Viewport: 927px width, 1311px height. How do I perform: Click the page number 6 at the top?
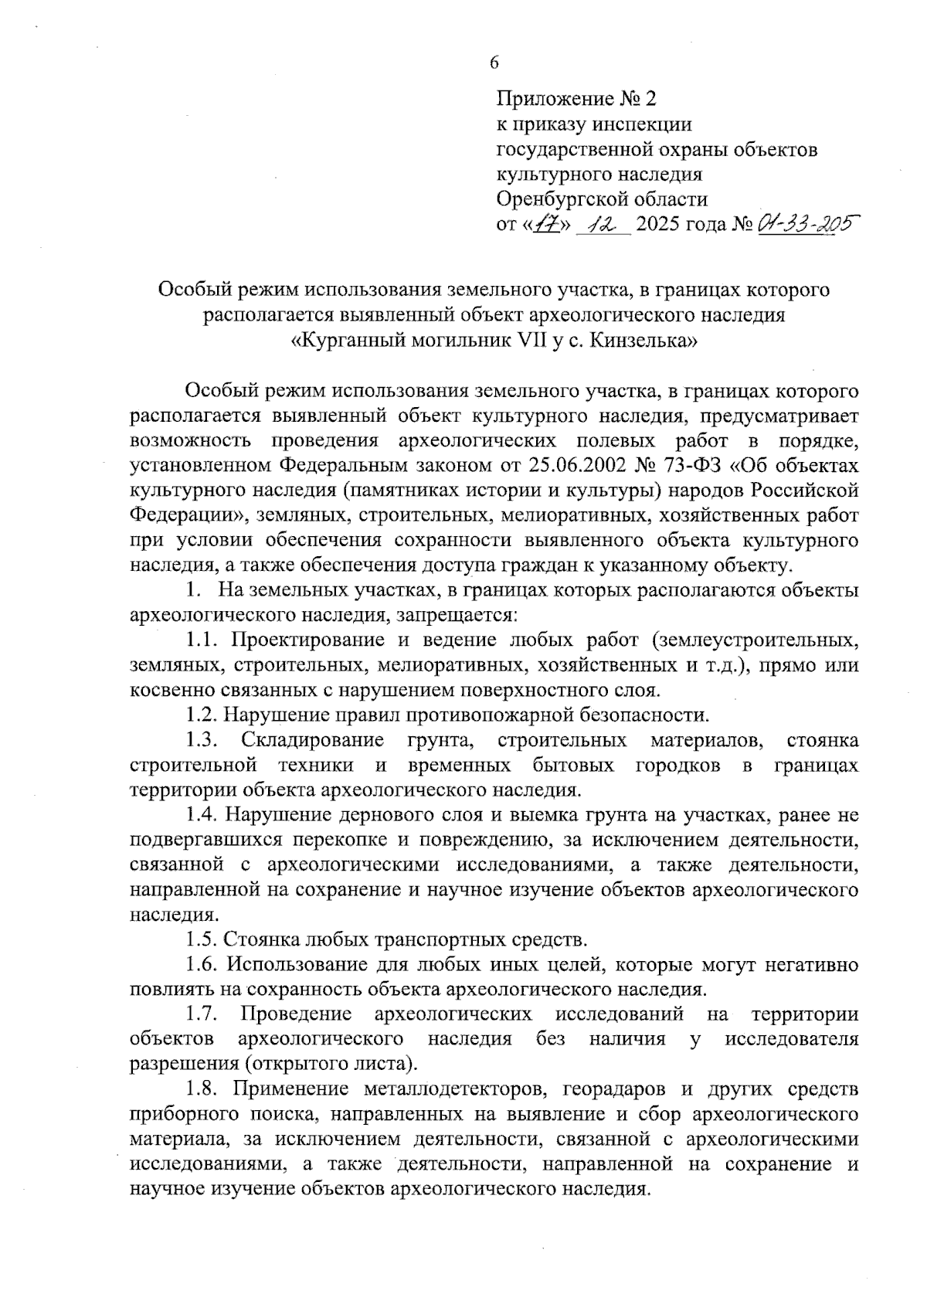[494, 63]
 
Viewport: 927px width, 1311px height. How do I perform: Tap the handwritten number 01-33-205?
[799, 224]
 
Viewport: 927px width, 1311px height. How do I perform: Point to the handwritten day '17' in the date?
[549, 225]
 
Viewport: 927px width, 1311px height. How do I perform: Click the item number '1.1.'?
[204, 640]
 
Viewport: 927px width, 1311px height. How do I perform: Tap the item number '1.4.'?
[204, 815]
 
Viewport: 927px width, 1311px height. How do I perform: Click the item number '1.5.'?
[204, 939]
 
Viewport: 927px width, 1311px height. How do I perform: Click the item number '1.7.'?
[204, 1014]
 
